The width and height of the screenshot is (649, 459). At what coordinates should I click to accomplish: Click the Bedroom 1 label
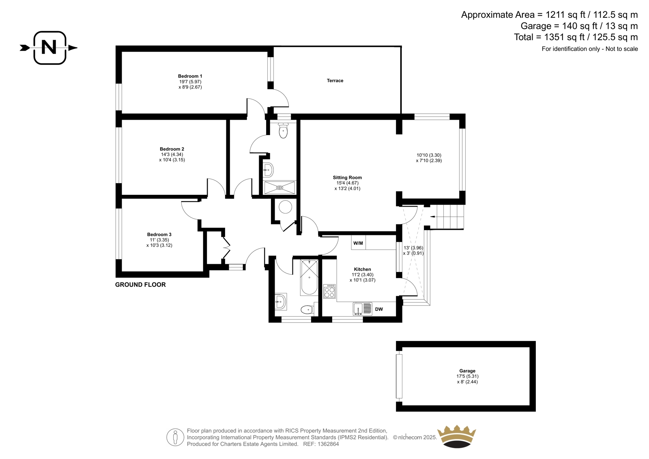click(x=190, y=76)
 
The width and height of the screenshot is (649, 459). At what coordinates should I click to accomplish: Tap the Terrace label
click(x=335, y=81)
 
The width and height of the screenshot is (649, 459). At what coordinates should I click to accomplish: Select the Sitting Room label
click(x=347, y=177)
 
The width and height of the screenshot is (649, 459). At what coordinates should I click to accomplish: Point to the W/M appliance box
click(x=359, y=243)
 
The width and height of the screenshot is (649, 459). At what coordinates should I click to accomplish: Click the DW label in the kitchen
click(x=379, y=309)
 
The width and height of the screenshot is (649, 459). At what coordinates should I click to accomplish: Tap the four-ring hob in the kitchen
click(x=329, y=291)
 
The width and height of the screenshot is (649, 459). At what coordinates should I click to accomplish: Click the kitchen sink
click(x=363, y=309)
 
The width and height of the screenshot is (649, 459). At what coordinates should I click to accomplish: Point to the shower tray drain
click(x=279, y=187)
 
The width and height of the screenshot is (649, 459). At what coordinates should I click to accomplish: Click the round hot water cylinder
click(x=286, y=207)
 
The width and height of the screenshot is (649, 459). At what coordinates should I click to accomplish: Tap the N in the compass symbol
click(x=49, y=47)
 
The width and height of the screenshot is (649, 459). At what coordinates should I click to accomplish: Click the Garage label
click(x=467, y=371)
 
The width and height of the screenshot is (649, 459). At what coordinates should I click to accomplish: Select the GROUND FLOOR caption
click(x=140, y=285)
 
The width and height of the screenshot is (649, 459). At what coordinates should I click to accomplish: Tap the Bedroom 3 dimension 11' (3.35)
click(x=159, y=240)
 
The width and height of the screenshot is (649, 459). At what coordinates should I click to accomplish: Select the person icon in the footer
click(x=175, y=437)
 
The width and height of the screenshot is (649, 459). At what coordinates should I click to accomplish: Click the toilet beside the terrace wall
click(x=283, y=131)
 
